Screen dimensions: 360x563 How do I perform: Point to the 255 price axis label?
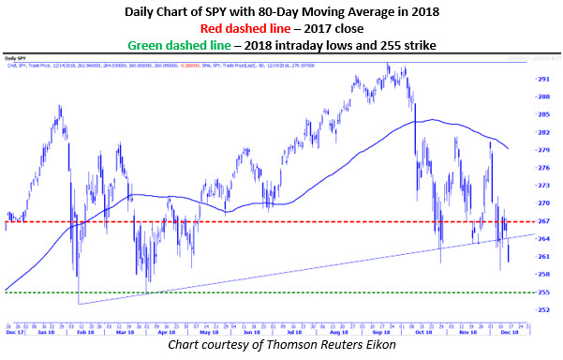click(543, 292)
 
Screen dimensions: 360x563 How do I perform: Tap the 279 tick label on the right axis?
click(543, 150)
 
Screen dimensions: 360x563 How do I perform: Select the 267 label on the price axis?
click(543, 221)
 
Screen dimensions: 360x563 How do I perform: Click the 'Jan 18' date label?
click(44, 332)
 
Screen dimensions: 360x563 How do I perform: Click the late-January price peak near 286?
click(61, 106)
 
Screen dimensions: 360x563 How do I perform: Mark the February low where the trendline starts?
click(79, 304)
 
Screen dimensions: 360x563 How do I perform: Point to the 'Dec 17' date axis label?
click(13, 332)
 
